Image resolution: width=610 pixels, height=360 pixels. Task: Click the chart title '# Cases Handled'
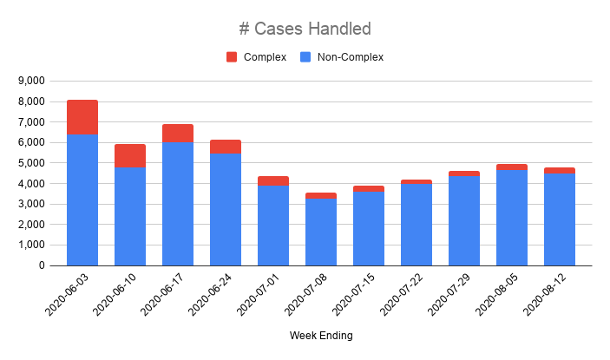(x=305, y=29)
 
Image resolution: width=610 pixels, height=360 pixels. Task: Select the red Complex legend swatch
(x=232, y=57)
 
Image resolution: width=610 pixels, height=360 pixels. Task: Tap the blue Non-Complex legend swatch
(x=305, y=57)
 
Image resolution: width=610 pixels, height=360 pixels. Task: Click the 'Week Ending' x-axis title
(x=322, y=335)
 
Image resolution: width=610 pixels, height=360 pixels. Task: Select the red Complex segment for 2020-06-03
(x=82, y=117)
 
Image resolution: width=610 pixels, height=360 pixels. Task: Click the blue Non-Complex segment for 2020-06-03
(x=82, y=200)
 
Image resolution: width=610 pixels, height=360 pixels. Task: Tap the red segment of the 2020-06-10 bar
(x=130, y=156)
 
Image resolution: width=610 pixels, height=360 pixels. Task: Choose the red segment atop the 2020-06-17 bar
(x=178, y=133)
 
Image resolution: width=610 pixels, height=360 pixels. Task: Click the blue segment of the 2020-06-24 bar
(x=226, y=209)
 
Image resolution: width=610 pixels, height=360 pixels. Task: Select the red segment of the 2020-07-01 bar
(x=273, y=180)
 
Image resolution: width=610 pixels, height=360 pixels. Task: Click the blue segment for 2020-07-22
(x=417, y=225)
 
